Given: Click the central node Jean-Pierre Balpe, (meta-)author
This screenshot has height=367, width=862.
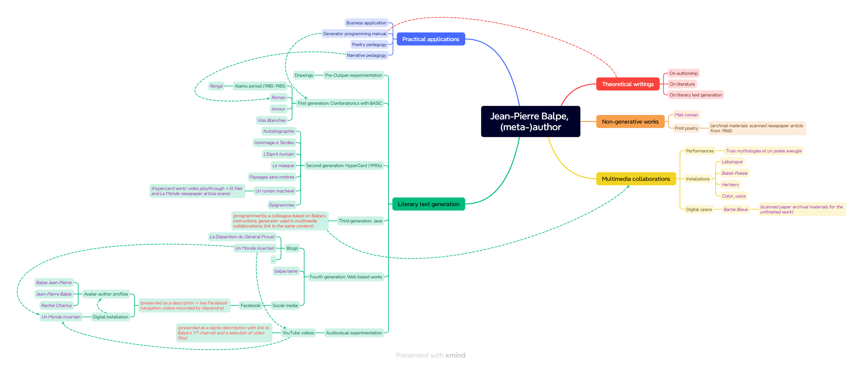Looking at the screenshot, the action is tap(530, 121).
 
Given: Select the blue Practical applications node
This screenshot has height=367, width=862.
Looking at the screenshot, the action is tap(431, 39).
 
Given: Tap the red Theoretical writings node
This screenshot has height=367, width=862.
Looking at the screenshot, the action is tap(628, 84).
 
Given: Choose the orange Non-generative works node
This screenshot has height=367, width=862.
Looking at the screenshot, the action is tap(630, 122).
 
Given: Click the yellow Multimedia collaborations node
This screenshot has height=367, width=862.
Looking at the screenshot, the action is tap(636, 179).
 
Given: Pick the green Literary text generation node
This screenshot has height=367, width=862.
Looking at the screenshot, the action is tap(428, 204).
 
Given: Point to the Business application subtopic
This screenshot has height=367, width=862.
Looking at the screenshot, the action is tap(366, 23).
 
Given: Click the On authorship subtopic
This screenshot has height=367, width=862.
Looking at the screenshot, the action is tap(684, 73).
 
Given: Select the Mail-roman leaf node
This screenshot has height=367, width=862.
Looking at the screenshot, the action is tap(686, 115).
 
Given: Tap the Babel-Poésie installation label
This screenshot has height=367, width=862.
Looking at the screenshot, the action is tap(734, 173).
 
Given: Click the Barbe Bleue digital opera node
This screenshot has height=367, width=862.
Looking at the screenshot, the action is tap(736, 209).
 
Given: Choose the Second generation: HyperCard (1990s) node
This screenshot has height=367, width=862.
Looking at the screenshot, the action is tap(344, 166).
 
